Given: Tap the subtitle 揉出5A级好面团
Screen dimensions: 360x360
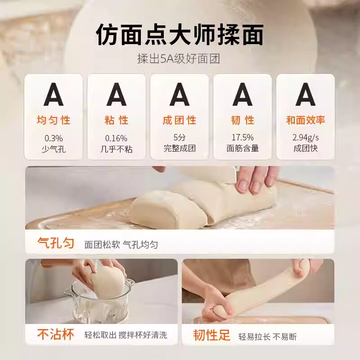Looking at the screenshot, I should tap(180, 59).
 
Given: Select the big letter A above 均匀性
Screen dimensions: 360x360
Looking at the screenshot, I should tap(54, 95).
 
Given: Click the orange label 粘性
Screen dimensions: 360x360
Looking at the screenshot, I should tap(117, 121).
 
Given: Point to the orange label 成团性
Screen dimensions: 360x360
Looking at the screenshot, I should tap(180, 121).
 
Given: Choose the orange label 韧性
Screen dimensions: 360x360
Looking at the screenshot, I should tap(243, 121).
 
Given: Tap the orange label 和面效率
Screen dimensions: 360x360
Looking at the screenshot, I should tap(306, 121).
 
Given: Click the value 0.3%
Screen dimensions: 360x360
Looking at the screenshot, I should tap(54, 138).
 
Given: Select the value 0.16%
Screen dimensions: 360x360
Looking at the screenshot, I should tap(117, 138).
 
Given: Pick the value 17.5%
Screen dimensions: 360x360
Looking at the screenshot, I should tap(243, 138).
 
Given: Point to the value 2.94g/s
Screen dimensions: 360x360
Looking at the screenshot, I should tap(306, 138).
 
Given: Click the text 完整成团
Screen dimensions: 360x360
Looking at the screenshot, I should tap(180, 148).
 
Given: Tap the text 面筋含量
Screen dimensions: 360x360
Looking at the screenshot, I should tap(243, 148).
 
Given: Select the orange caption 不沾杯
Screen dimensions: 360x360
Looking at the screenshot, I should tap(56, 335).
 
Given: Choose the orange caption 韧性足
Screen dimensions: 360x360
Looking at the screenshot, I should tap(211, 335).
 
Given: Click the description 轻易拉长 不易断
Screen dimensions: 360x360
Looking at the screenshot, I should tap(267, 336).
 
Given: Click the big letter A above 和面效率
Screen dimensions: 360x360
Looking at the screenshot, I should tap(306, 95).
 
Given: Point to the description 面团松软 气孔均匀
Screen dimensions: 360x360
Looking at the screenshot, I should tap(121, 245).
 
